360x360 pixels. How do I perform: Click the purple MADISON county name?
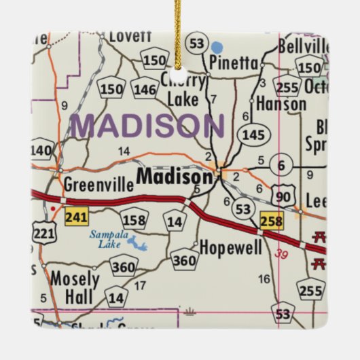click(x=149, y=126)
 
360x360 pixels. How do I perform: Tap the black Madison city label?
click(x=175, y=177)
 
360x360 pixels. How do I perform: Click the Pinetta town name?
click(x=234, y=64)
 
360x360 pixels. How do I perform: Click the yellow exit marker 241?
click(x=75, y=217)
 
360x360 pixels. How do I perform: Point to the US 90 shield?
click(x=285, y=195)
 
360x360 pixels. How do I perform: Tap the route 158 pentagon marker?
click(x=132, y=219)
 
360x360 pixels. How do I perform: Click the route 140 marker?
click(x=41, y=150)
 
